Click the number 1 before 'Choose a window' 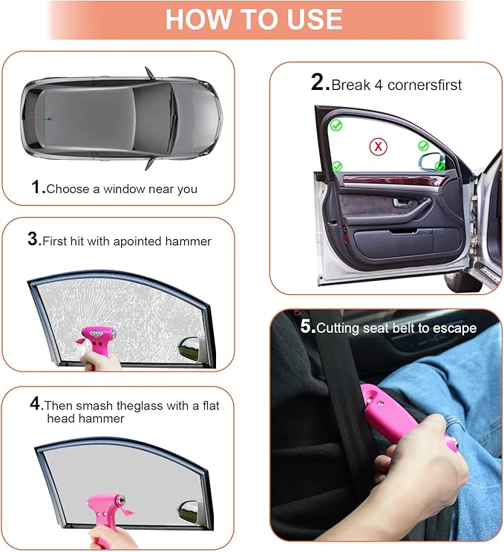pyautogui.click(x=37, y=187)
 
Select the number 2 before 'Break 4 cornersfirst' pyautogui.click(x=318, y=82)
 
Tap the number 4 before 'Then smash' pyautogui.click(x=34, y=404)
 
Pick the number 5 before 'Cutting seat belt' pyautogui.click(x=307, y=326)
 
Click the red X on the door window pyautogui.click(x=379, y=146)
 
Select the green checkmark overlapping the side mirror pyautogui.click(x=440, y=166)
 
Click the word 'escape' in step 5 pyautogui.click(x=456, y=328)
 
